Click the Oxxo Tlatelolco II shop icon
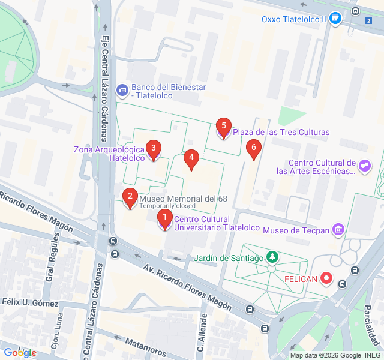[336, 19]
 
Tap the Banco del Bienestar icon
[122, 91]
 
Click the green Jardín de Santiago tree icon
[272, 257]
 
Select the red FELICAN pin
[326, 278]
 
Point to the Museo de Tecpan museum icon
[338, 229]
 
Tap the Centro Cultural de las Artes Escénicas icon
[364, 165]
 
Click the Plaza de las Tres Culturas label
[281, 132]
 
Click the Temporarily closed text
[167, 206]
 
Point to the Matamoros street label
[147, 347]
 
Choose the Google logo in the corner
[20, 353]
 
